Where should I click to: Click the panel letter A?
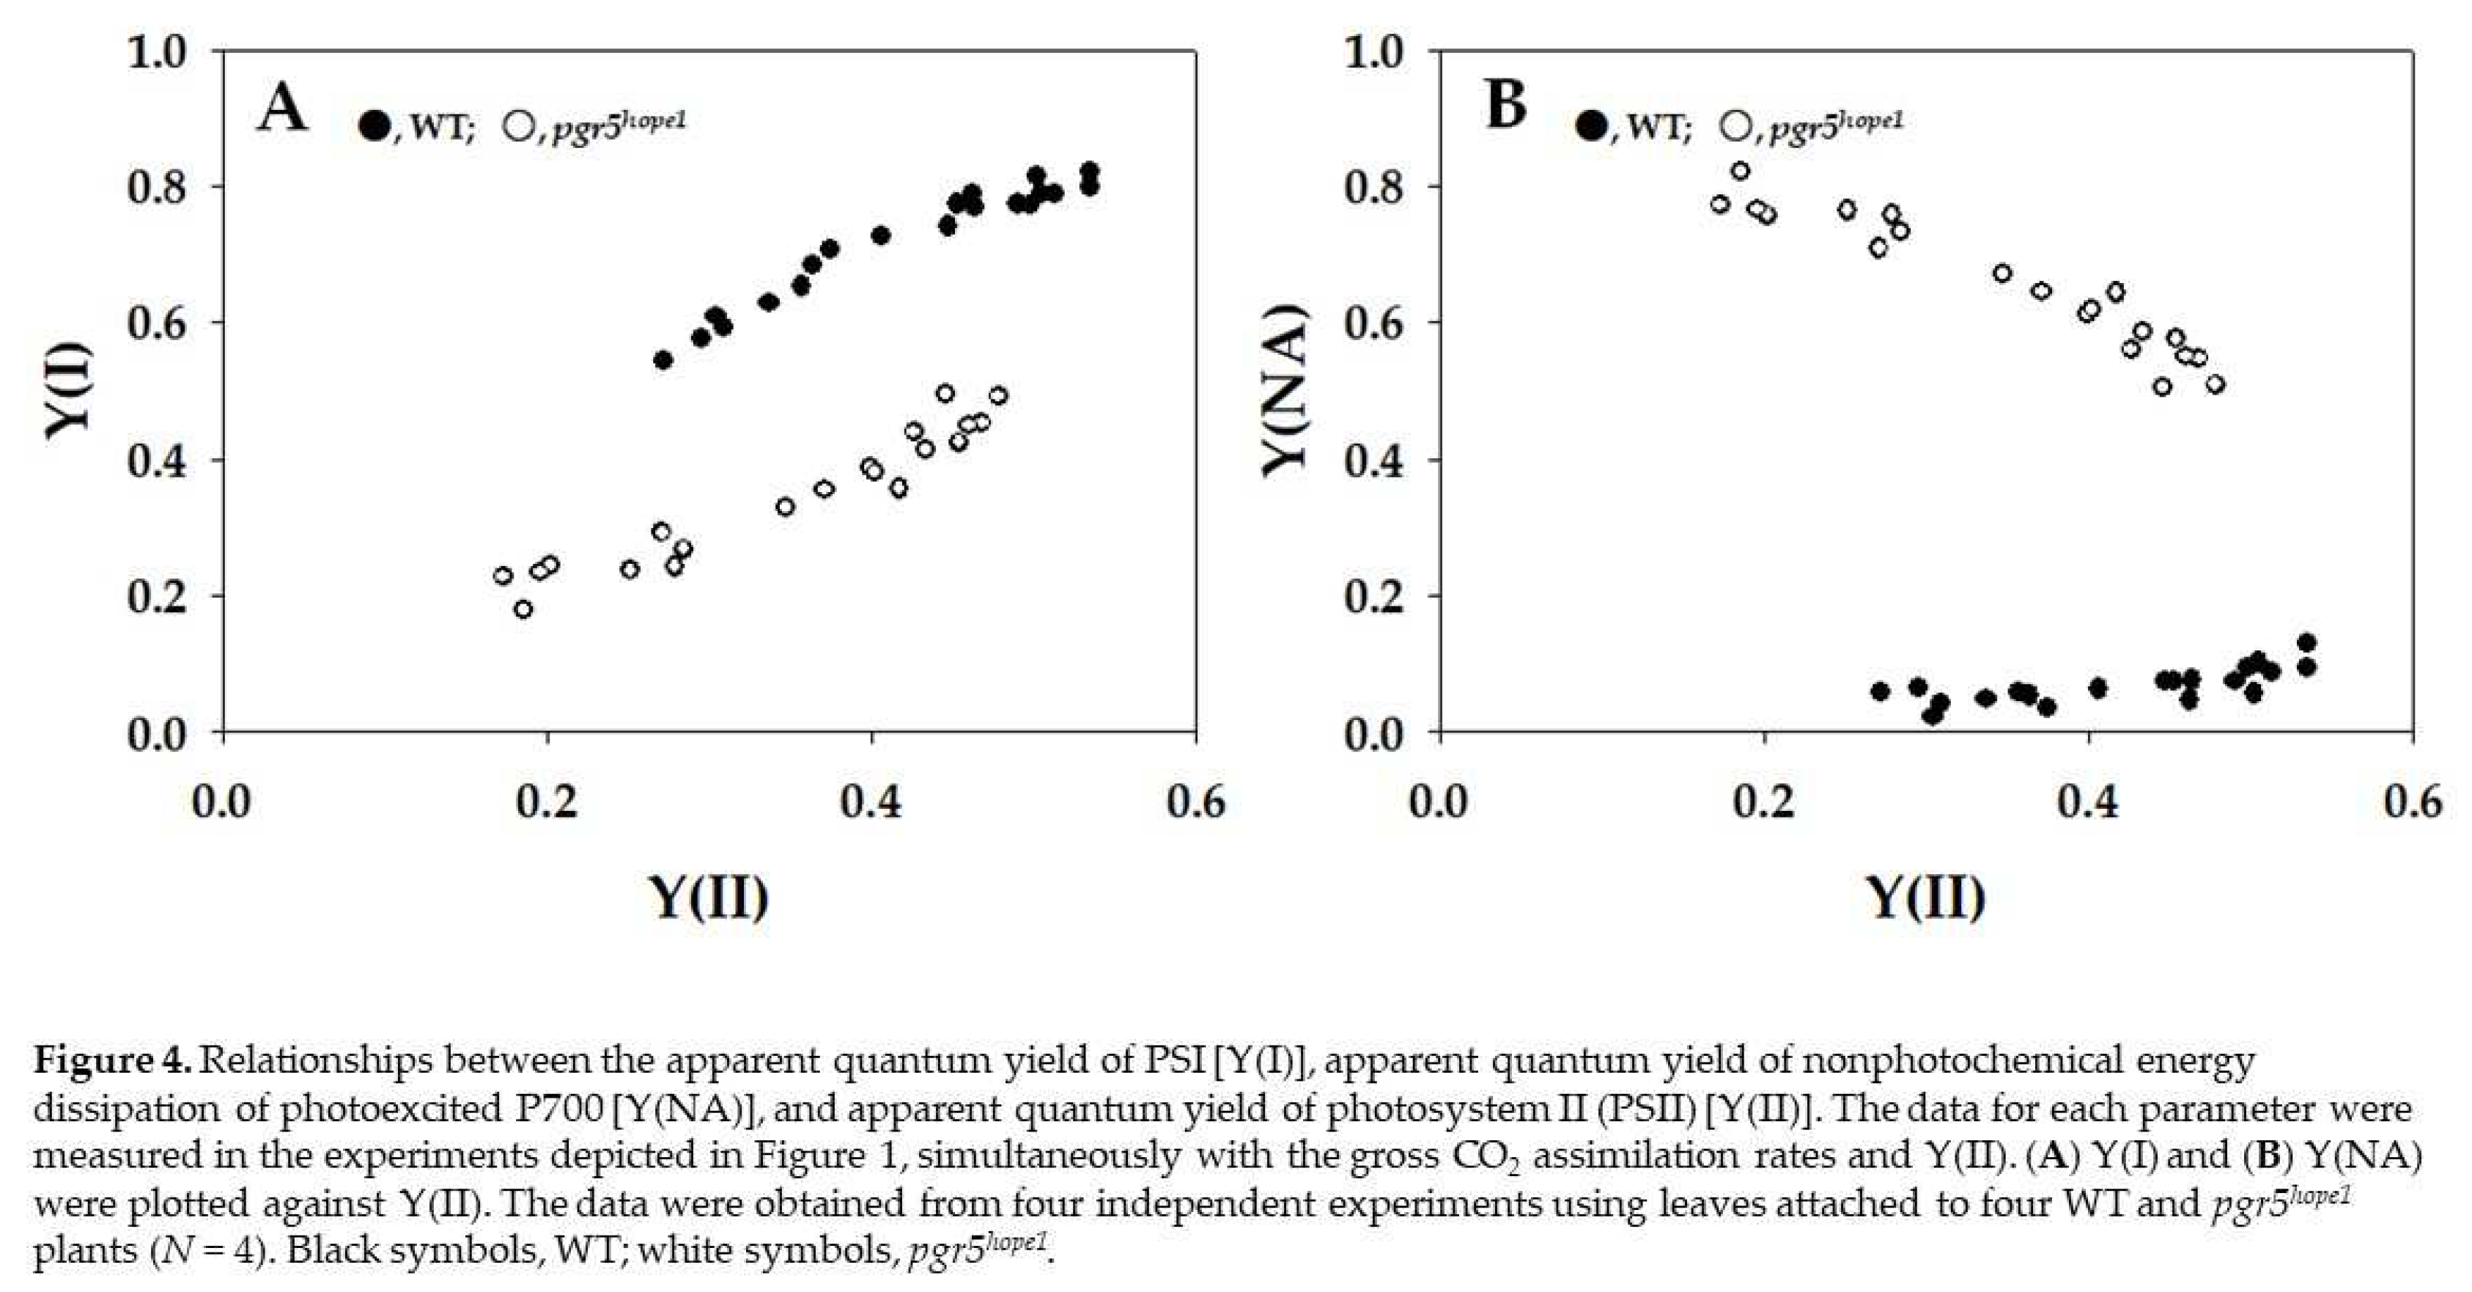coord(282,108)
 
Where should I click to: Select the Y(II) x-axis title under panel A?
coord(709,897)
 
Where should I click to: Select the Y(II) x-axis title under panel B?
coord(1925,897)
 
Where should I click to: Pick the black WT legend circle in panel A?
coord(375,125)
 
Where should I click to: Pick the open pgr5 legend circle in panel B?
coord(1735,125)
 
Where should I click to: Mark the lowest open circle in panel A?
coord(523,609)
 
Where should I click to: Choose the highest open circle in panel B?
coord(1740,171)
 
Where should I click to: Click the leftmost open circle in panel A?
coord(503,576)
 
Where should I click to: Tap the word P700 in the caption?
coord(556,1109)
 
